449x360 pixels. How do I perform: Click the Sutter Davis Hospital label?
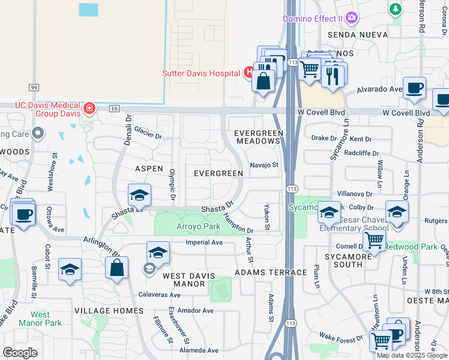pos(202,73)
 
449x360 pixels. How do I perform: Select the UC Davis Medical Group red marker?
pos(89,108)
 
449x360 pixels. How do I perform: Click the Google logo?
pos(20,353)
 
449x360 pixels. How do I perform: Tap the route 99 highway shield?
pos(33,88)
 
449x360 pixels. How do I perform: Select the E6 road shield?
pos(115,109)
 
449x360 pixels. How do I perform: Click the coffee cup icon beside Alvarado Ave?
pos(414,88)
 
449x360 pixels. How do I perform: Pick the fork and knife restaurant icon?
pos(332,75)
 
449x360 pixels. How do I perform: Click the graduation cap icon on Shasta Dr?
pos(139,195)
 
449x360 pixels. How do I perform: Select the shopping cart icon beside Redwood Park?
pos(375,241)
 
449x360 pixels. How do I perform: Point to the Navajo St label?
pos(265,165)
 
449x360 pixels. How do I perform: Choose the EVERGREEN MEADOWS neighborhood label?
pos(257,136)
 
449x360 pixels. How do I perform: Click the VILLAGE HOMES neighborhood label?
pos(109,311)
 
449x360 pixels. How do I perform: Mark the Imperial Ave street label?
pos(204,243)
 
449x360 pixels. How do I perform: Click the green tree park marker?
pos(395,8)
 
